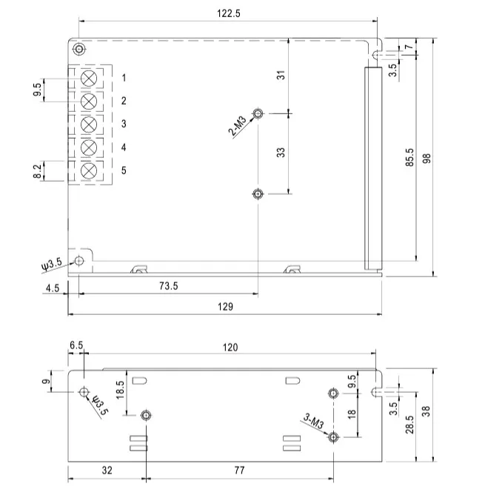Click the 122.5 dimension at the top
tap(228, 13)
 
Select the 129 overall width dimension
tap(226, 306)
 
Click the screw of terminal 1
tap(90, 78)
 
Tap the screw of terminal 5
tap(90, 171)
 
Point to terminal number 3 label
tap(124, 124)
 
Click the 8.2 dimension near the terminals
tap(38, 171)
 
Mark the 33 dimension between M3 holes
tap(281, 152)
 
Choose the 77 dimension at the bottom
tap(240, 469)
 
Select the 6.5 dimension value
tap(76, 346)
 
